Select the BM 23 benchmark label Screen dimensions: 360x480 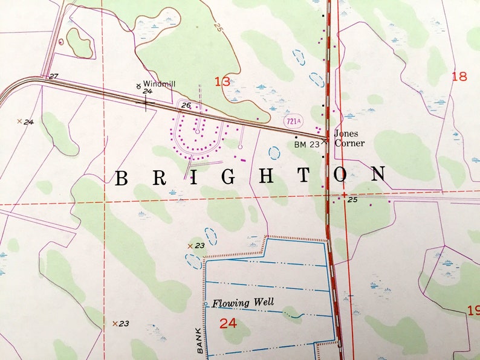(x=306, y=144)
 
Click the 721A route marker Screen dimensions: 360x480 (x=292, y=121)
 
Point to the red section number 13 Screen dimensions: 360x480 (x=222, y=81)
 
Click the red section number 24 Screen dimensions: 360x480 (x=228, y=323)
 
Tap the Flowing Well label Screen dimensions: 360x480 (x=243, y=302)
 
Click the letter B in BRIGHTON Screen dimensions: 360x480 (x=122, y=178)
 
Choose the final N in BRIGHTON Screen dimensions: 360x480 (x=378, y=175)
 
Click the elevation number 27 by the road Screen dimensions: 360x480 (x=53, y=76)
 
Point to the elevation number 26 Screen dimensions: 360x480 (x=186, y=106)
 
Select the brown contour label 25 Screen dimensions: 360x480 (x=216, y=28)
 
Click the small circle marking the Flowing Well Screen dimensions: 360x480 (x=206, y=303)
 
